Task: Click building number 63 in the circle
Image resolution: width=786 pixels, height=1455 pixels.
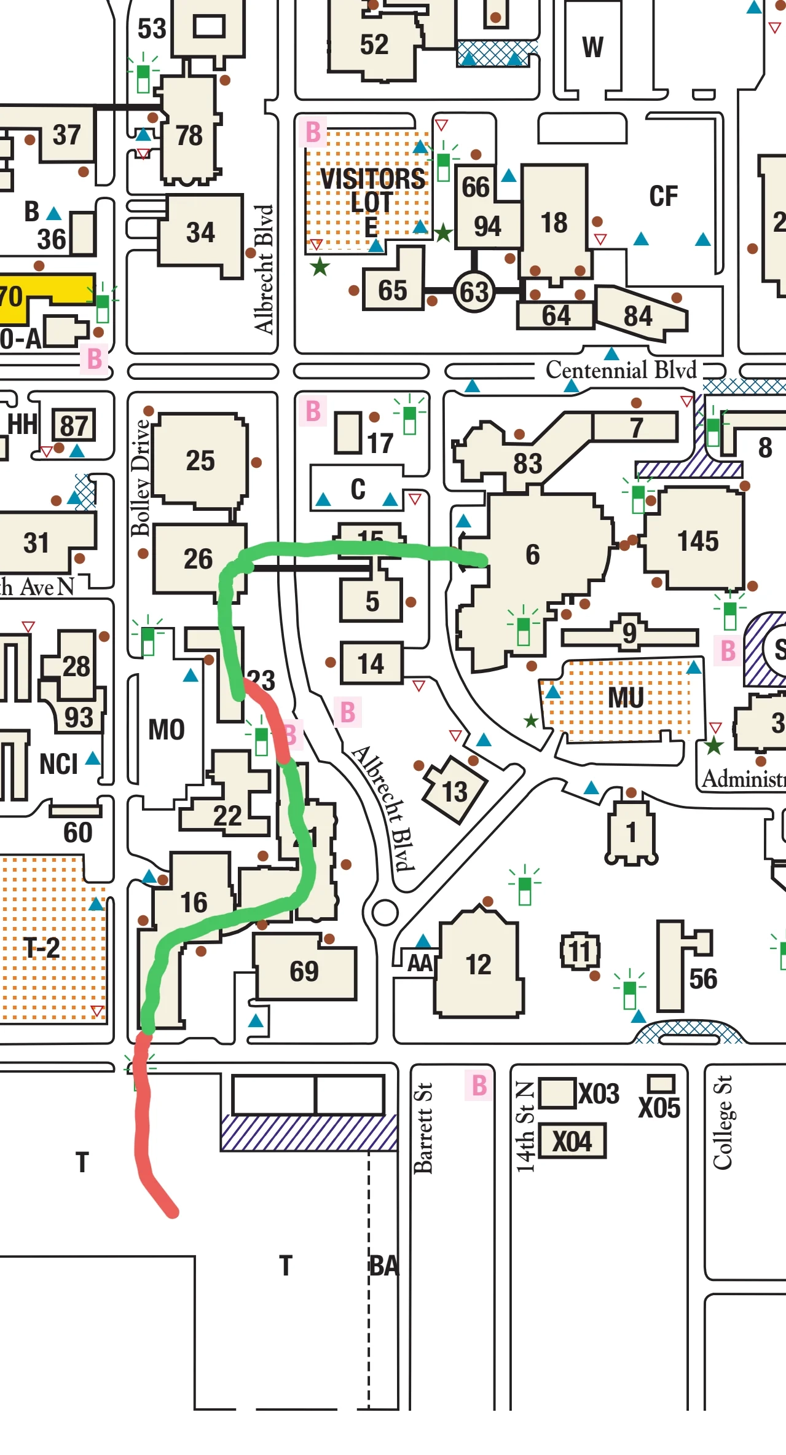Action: point(474,292)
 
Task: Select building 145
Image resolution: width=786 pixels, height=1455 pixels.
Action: point(698,542)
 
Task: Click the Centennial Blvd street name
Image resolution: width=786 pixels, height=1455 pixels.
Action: point(621,370)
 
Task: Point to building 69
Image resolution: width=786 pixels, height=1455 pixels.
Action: point(304,971)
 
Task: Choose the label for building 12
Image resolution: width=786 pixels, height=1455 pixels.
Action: point(478,964)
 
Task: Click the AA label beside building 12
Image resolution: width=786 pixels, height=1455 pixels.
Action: point(420,963)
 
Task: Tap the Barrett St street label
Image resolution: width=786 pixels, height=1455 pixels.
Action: point(423,1128)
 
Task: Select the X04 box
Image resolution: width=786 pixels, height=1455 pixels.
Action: point(572,1142)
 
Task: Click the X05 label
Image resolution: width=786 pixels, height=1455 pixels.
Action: point(659,1108)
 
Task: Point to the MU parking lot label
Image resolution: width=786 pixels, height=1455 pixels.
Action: point(625,698)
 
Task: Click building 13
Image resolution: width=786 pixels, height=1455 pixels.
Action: point(455,791)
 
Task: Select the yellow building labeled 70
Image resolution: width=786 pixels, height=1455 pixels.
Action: point(12,297)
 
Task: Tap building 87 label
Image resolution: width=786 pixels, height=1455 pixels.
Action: point(74,425)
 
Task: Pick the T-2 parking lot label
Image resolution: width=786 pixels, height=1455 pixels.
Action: point(42,947)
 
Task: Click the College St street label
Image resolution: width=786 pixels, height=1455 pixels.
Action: point(723,1122)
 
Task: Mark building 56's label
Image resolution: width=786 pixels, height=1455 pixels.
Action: point(702,979)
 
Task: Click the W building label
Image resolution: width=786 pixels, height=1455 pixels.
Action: point(592,47)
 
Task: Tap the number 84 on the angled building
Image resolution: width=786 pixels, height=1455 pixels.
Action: point(637,316)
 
